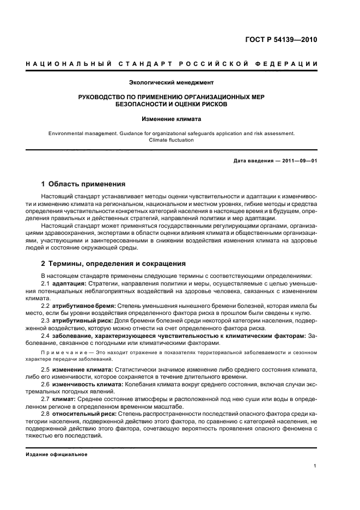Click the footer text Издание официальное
[57, 454]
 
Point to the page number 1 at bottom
[315, 465]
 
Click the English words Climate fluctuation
[171, 140]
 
